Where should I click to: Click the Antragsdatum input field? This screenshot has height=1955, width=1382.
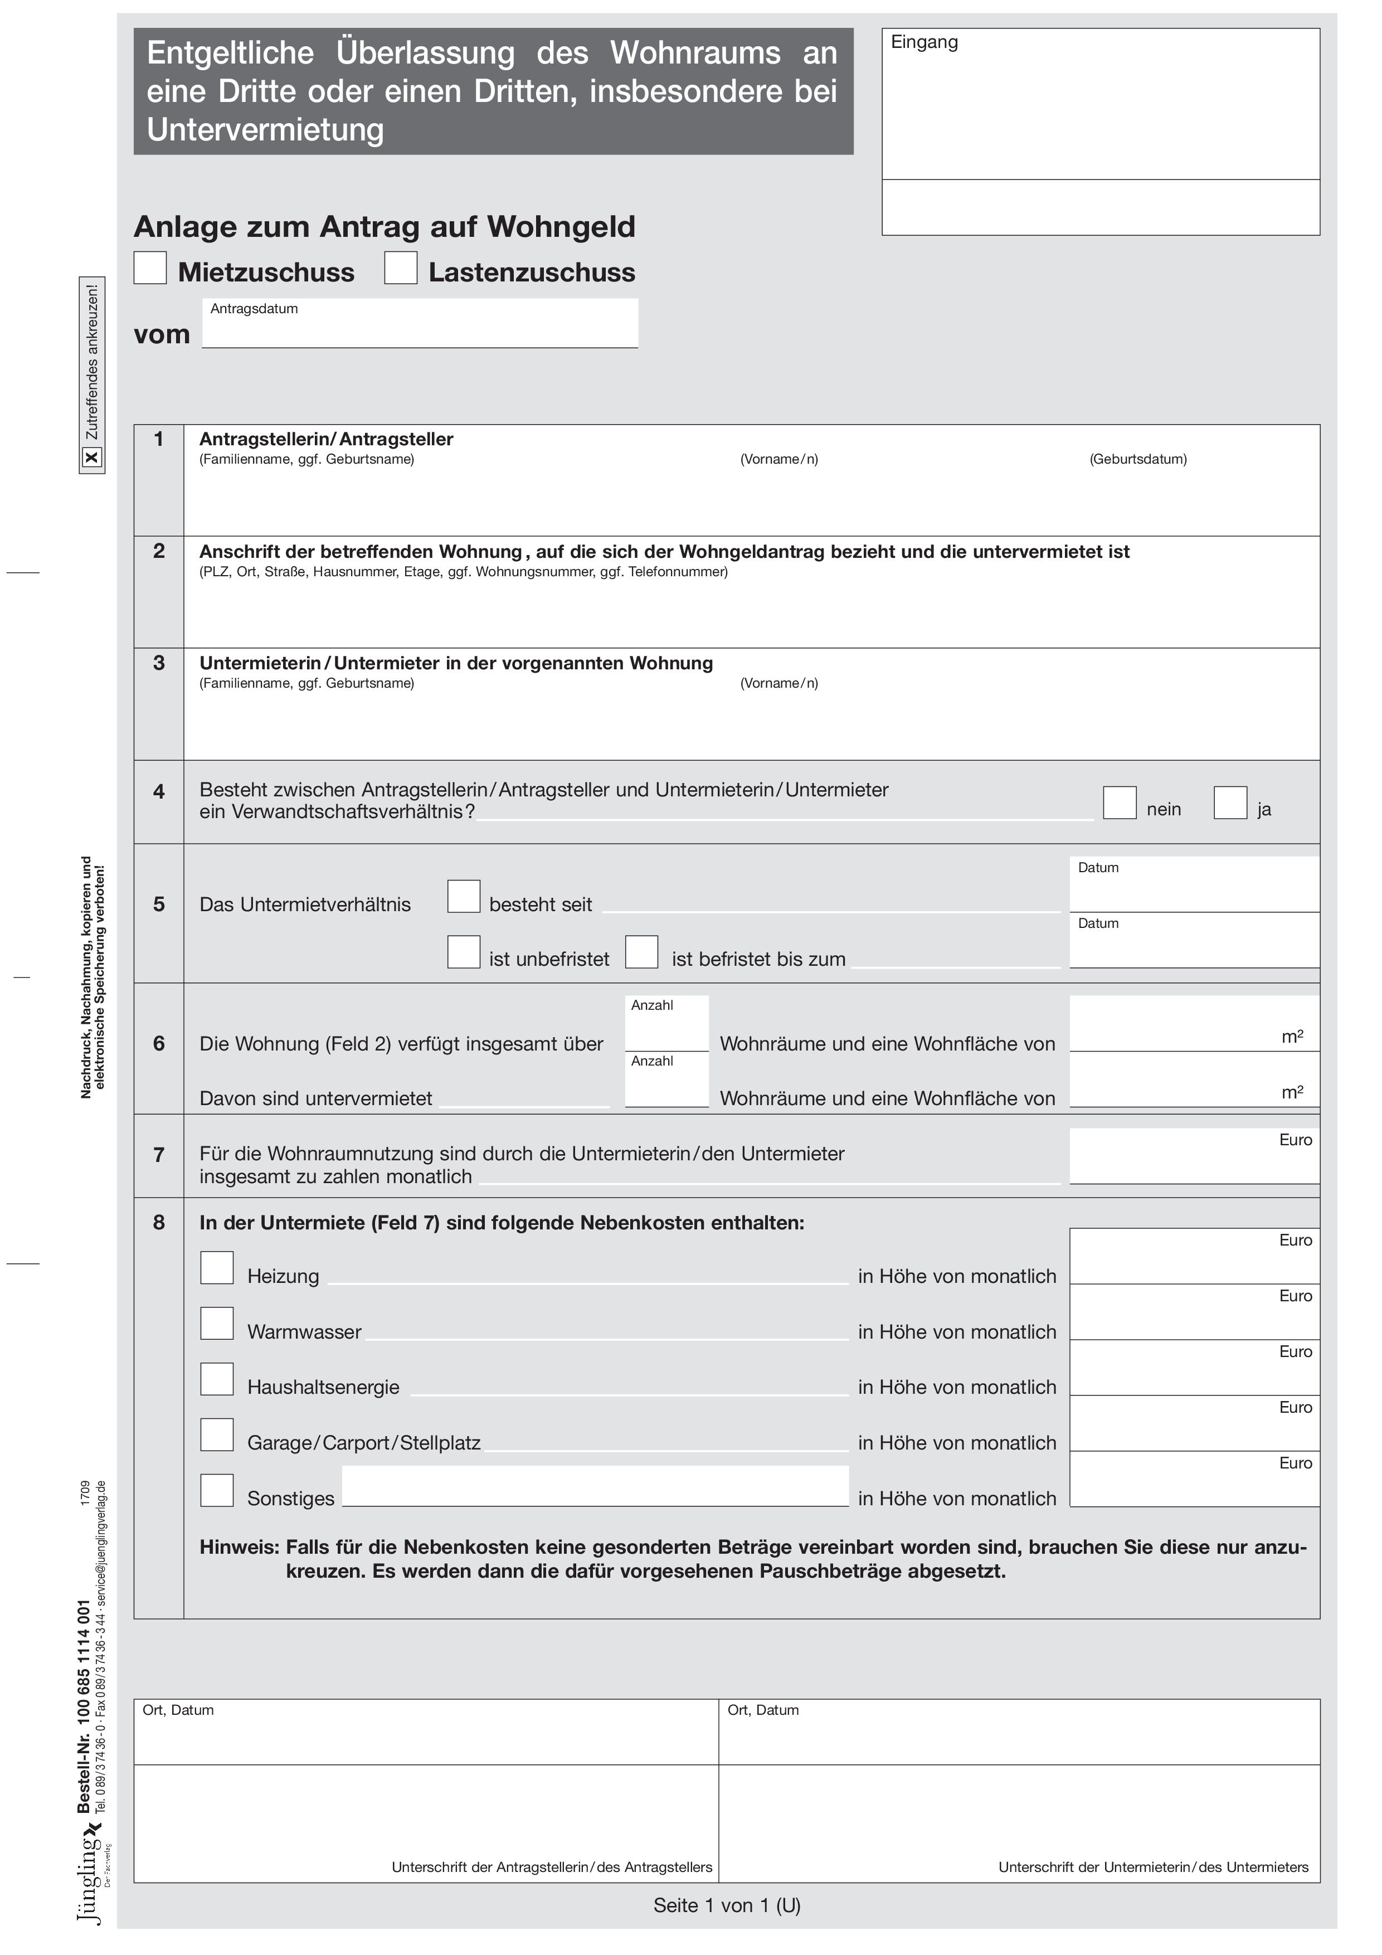pyautogui.click(x=420, y=328)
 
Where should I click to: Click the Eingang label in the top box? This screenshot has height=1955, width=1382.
pyautogui.click(x=924, y=42)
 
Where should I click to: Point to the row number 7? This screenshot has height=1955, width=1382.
pyautogui.click(x=159, y=1155)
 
